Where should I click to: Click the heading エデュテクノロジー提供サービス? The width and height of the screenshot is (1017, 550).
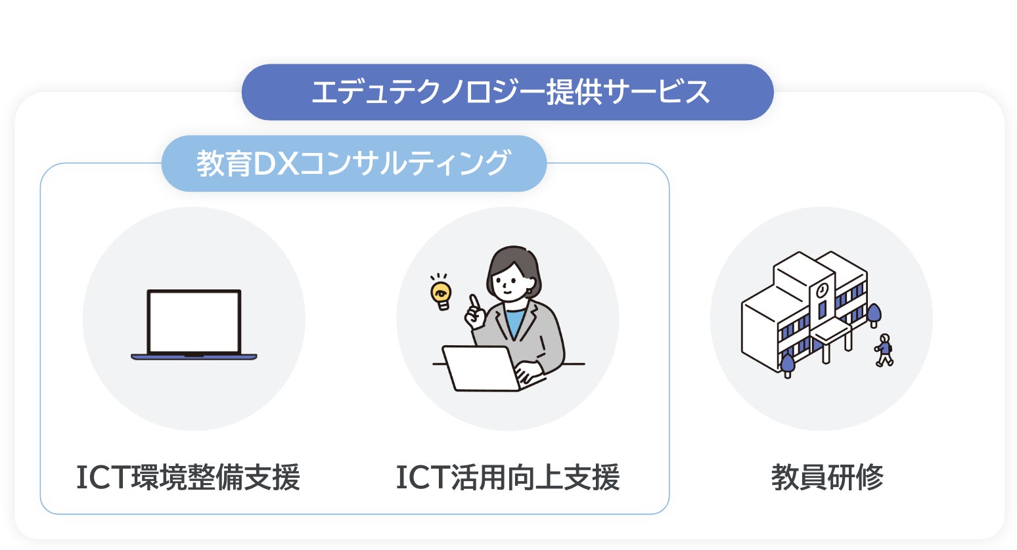click(508, 92)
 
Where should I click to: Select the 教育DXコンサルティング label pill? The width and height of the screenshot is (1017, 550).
click(353, 163)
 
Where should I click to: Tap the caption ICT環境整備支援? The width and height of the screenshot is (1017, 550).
click(188, 477)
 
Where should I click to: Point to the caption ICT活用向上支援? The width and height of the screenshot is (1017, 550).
click(507, 477)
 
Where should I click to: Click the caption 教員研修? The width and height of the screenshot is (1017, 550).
click(826, 477)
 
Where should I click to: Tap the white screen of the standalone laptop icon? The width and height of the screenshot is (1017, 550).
click(194, 322)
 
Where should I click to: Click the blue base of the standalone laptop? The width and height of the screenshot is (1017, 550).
click(194, 357)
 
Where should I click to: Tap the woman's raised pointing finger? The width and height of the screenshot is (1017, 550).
click(473, 302)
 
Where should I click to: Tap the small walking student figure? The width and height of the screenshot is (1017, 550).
click(884, 350)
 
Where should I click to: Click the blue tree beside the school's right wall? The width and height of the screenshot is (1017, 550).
click(874, 314)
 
